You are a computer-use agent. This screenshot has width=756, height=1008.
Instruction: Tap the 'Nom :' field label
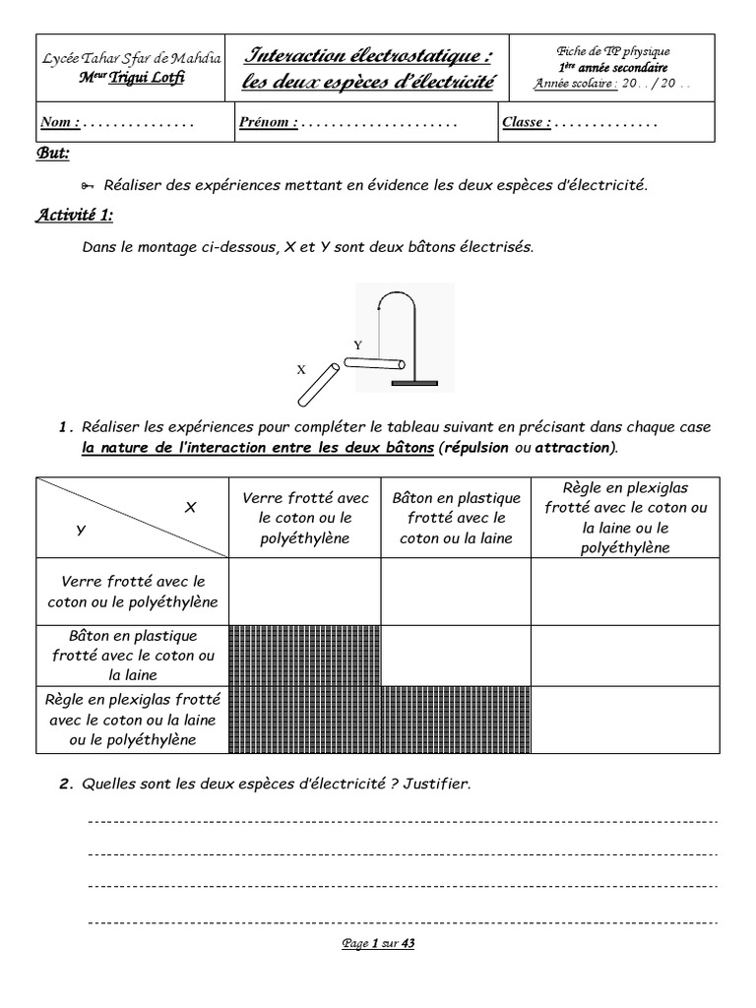60,123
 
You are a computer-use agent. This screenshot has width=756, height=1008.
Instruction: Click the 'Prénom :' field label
268,123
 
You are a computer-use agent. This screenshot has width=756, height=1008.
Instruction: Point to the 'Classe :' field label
527,123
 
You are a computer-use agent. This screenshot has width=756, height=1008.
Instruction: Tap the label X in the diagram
301,370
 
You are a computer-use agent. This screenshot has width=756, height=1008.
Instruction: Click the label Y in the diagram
358,346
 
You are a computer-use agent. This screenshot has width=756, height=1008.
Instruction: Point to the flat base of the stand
413,383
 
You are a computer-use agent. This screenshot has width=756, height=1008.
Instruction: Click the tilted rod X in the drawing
319,384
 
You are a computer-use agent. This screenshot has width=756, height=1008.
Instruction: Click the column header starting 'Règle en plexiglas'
625,517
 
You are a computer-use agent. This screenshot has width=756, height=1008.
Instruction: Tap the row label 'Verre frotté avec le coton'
132,592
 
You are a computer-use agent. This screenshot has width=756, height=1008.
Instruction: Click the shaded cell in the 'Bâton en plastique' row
305,655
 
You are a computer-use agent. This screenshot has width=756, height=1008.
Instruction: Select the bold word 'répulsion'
476,447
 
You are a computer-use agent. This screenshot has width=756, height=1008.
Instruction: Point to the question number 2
66,785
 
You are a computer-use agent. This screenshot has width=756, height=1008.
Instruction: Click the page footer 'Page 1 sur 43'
378,943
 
